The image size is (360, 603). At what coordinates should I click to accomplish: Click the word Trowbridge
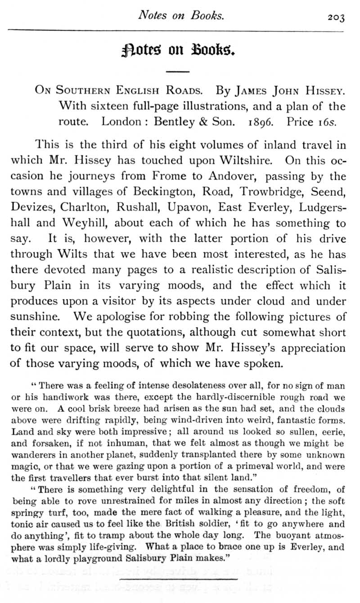265,191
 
